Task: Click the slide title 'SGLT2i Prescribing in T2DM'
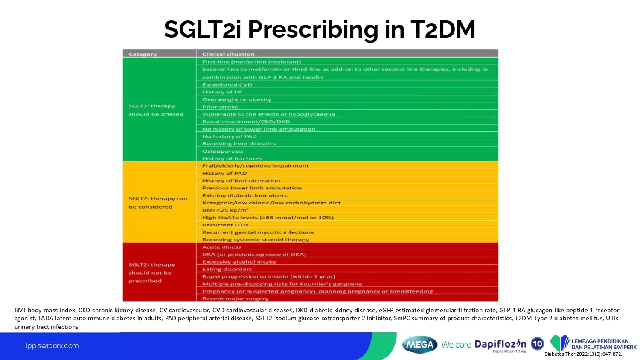(x=320, y=29)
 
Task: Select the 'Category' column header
(x=143, y=54)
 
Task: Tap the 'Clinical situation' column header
(x=228, y=54)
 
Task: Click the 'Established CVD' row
(x=227, y=84)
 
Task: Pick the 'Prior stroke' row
(x=220, y=107)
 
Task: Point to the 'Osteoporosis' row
(x=222, y=151)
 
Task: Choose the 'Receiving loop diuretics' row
(x=239, y=144)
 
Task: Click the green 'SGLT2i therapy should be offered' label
(x=156, y=110)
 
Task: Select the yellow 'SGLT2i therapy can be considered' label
(x=157, y=203)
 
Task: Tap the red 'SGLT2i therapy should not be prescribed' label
(x=151, y=273)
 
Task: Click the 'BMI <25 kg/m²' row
(x=225, y=210)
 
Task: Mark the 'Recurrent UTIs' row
(x=225, y=225)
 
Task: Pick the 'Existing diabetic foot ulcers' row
(x=244, y=195)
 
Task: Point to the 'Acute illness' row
(x=221, y=247)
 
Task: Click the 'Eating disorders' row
(x=227, y=269)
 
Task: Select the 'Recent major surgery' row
(x=235, y=299)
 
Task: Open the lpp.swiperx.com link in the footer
(x=52, y=346)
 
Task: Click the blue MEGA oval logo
(x=420, y=345)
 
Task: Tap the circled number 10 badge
(x=538, y=343)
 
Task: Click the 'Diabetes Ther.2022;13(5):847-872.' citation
(x=583, y=354)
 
